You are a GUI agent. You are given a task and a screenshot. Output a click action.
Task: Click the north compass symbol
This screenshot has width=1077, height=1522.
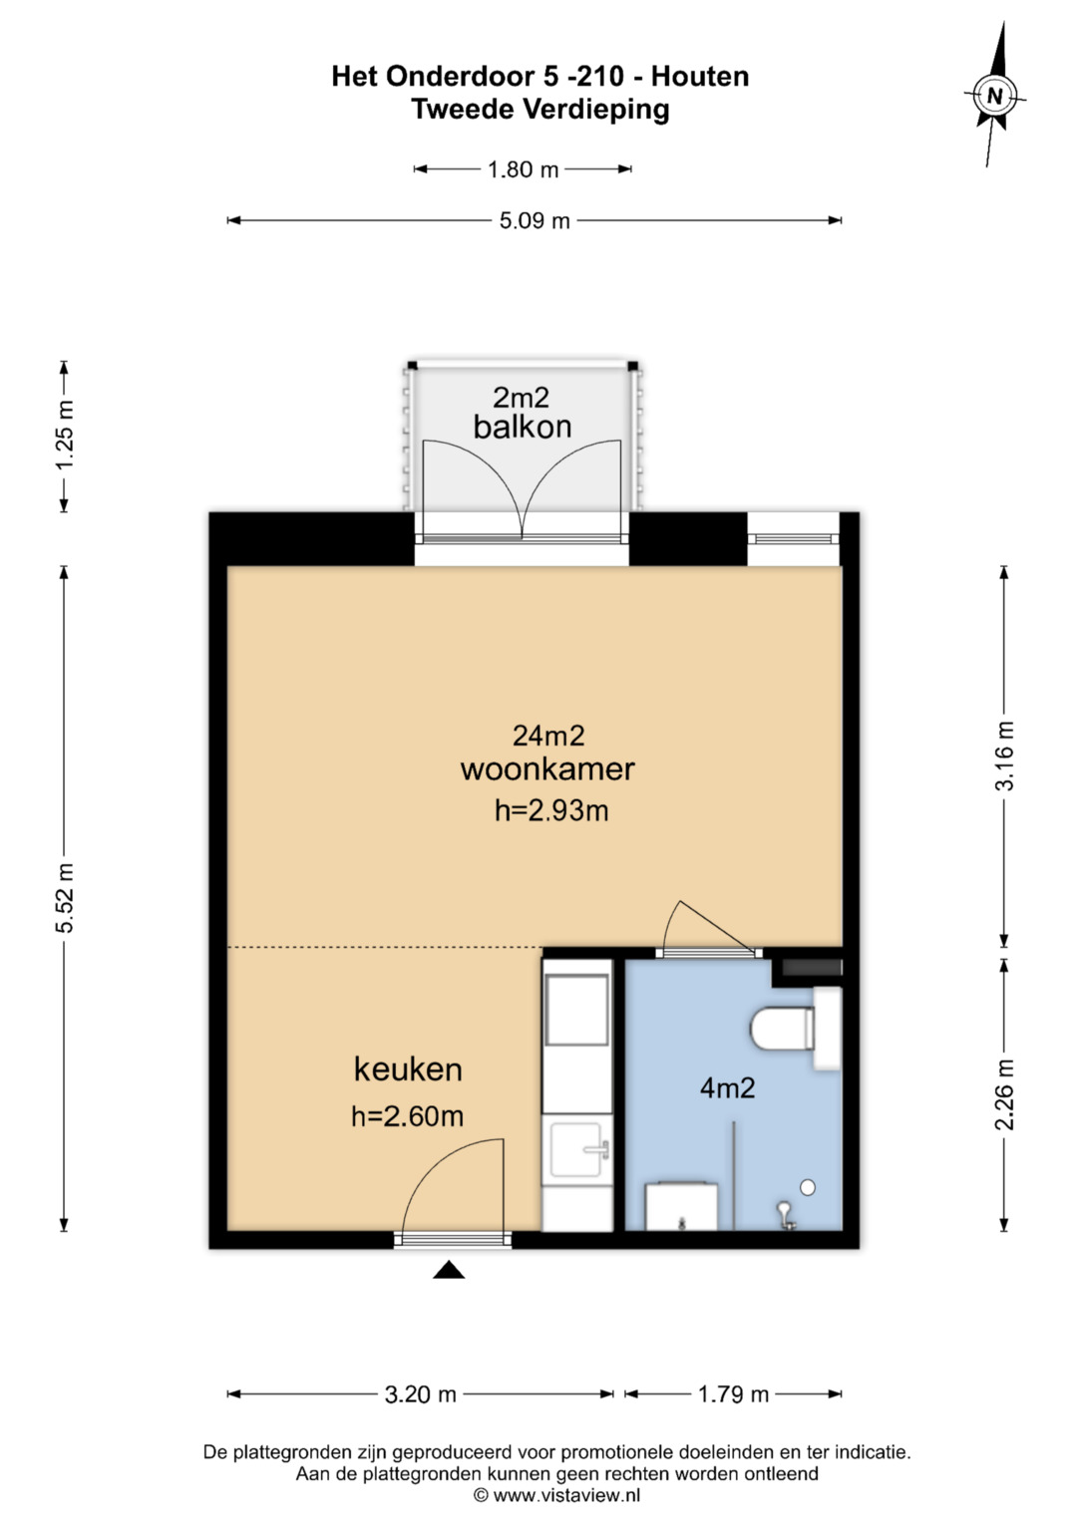pyautogui.click(x=995, y=95)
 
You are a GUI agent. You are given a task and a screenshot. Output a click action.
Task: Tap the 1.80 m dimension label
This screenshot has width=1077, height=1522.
pyautogui.click(x=523, y=169)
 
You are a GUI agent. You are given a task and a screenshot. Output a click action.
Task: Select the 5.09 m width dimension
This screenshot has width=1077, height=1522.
pyautogui.click(x=535, y=221)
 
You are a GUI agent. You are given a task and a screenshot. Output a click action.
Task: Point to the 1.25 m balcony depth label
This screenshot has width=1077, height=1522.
pyautogui.click(x=65, y=435)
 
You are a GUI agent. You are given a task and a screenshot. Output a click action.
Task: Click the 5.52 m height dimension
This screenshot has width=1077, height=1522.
pyautogui.click(x=65, y=898)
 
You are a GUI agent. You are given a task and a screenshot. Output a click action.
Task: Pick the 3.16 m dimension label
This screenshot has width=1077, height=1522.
pyautogui.click(x=1004, y=756)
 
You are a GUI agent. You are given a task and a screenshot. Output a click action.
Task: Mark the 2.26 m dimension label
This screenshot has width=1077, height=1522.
pyautogui.click(x=1004, y=1094)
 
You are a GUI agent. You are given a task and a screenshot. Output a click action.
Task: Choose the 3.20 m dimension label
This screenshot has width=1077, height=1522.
pyautogui.click(x=420, y=1395)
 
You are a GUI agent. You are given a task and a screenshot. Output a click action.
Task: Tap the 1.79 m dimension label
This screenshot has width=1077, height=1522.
pyautogui.click(x=733, y=1395)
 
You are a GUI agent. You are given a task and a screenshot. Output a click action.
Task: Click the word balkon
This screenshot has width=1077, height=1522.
pyautogui.click(x=523, y=427)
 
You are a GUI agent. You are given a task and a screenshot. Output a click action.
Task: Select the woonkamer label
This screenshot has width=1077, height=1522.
pyautogui.click(x=547, y=769)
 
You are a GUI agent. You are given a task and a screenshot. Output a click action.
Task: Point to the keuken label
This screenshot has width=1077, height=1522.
pyautogui.click(x=408, y=1069)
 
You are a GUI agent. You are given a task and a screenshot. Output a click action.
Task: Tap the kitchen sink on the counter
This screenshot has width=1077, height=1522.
pyautogui.click(x=578, y=1149)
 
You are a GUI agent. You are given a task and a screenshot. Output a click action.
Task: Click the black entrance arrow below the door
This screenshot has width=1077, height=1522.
pyautogui.click(x=449, y=1269)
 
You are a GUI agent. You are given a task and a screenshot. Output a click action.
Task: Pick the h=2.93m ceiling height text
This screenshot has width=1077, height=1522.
pyautogui.click(x=551, y=810)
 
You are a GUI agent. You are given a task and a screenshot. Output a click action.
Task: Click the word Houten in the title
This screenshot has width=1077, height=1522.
pyautogui.click(x=700, y=76)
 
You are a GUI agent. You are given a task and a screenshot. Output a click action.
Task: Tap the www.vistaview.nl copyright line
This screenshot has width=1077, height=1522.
pyautogui.click(x=556, y=1495)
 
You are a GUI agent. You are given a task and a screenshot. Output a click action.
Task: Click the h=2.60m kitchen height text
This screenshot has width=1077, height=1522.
pyautogui.click(x=407, y=1116)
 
